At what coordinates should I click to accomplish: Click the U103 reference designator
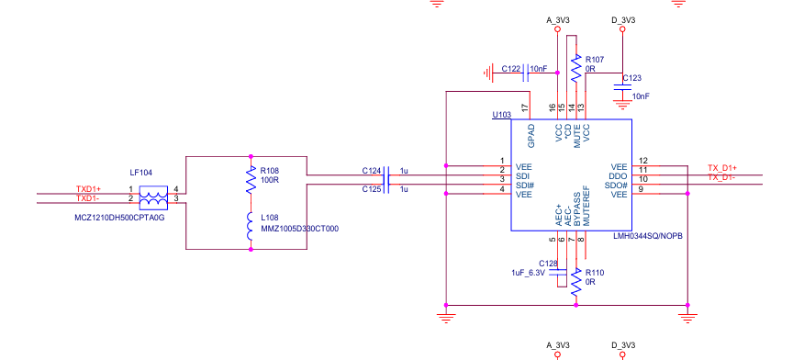(501, 115)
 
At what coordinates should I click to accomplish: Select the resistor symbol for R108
(251, 179)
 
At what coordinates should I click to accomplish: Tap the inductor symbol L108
(251, 226)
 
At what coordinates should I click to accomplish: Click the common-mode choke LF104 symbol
(154, 198)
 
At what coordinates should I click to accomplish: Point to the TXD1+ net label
(89, 189)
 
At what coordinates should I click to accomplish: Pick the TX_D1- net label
(722, 177)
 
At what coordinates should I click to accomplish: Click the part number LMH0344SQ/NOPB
(649, 236)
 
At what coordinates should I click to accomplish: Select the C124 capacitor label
(371, 170)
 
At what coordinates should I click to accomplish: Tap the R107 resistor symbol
(576, 68)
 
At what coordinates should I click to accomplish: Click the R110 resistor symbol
(576, 281)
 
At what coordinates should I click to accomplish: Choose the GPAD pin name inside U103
(531, 135)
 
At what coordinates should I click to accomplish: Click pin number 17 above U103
(525, 107)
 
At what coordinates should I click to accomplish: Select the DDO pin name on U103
(619, 176)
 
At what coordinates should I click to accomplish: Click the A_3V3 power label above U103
(558, 20)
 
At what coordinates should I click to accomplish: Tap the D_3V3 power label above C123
(623, 20)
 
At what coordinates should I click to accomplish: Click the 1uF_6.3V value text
(528, 272)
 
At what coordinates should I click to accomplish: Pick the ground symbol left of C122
(487, 73)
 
